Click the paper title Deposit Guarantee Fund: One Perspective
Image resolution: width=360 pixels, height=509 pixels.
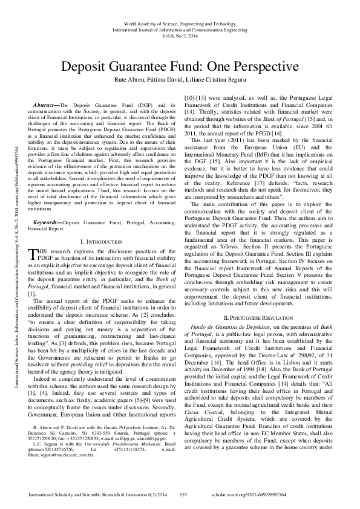point(180,66)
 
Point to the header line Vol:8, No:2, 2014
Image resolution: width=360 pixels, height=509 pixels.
point(180,36)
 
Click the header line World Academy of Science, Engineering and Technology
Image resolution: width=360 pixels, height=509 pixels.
point(180,22)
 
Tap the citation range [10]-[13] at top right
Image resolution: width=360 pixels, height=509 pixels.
point(195,105)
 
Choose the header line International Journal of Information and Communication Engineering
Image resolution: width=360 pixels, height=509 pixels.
point(180,29)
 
